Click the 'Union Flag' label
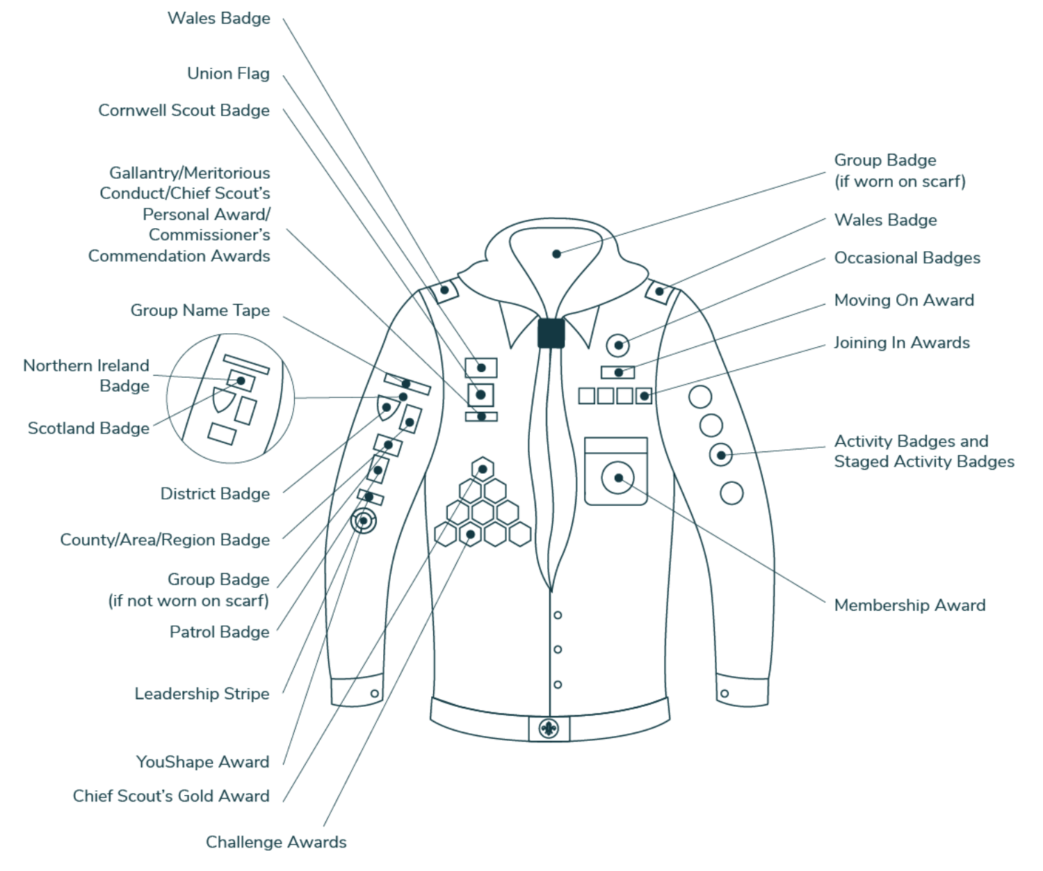coord(228,74)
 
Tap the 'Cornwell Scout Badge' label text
coord(184,111)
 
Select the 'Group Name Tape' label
coord(200,310)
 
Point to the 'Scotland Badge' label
coord(88,429)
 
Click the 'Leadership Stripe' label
coord(202,694)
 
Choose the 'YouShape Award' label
coord(202,762)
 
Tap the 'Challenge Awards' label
coord(276,842)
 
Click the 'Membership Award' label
coord(909,605)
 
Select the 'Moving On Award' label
coord(904,301)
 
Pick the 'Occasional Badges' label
coord(907,258)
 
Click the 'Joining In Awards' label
coord(901,343)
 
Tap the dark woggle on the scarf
coord(551,333)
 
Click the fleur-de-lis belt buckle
coord(549,729)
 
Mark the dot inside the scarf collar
coord(556,254)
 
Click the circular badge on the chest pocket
coord(617,478)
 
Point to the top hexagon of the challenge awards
coord(483,470)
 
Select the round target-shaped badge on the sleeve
coord(363,520)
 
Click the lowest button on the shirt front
coord(558,685)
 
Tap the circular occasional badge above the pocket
coord(617,345)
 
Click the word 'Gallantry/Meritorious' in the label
coord(189,173)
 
